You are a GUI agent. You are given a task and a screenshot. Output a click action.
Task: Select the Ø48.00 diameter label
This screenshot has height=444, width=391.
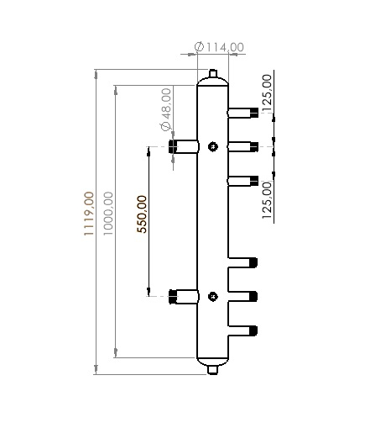165,108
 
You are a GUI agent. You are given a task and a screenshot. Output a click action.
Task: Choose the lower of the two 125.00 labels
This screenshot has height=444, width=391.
267,199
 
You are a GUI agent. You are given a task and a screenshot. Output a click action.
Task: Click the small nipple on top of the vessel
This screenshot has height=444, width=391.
213,77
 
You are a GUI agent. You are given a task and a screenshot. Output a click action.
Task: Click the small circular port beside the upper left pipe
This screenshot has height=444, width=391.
213,147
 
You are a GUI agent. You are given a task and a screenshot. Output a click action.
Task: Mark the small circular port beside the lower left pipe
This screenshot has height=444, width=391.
213,296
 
